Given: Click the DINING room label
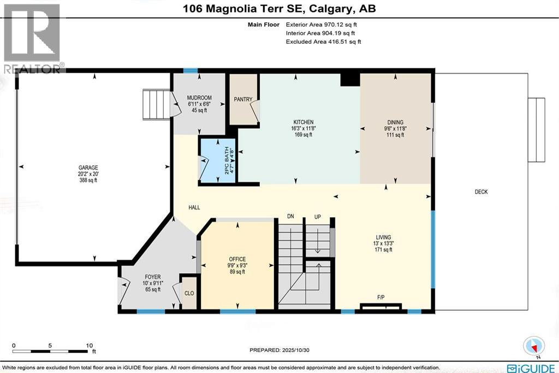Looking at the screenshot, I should tap(394, 122).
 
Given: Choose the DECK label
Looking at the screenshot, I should tap(481, 191).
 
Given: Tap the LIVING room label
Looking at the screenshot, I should tap(383, 237).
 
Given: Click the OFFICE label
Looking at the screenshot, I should tap(237, 259).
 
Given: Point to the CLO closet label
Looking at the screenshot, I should tap(189, 293).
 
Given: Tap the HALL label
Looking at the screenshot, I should tap(194, 208).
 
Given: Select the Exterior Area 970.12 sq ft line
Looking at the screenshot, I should tap(322, 25).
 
